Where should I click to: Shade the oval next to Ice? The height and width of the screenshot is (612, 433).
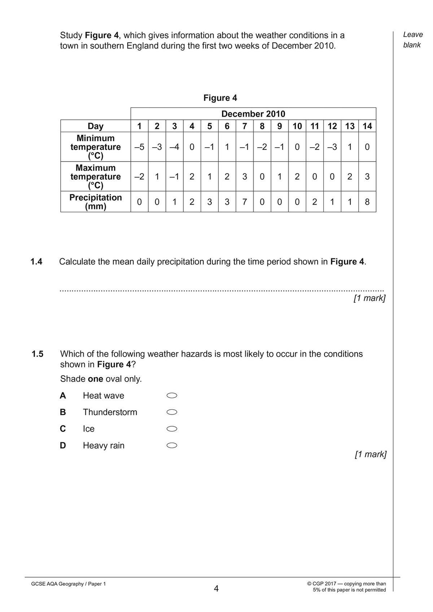pyautogui.click(x=172, y=429)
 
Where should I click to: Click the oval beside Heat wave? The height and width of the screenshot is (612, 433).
pyautogui.click(x=172, y=396)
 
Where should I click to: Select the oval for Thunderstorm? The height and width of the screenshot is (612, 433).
pyautogui.click(x=172, y=412)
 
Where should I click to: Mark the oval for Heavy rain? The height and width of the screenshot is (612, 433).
pyautogui.click(x=172, y=445)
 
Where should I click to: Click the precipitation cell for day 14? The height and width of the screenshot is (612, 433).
pyautogui.click(x=367, y=202)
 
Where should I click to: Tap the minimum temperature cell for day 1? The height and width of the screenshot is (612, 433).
pyautogui.click(x=139, y=147)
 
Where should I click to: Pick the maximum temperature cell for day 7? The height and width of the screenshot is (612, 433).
pyautogui.click(x=245, y=176)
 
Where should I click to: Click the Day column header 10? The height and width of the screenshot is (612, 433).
pyautogui.click(x=297, y=126)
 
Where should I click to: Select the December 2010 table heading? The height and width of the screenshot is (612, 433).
pyautogui.click(x=253, y=114)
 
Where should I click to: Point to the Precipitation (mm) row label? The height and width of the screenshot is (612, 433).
pyautogui.click(x=96, y=202)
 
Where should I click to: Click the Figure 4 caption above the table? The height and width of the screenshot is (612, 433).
pyautogui.click(x=220, y=98)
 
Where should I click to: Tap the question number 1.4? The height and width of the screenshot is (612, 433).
pyautogui.click(x=36, y=262)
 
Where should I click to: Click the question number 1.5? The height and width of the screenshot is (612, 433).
pyautogui.click(x=37, y=354)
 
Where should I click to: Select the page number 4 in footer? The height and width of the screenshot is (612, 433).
pyautogui.click(x=216, y=589)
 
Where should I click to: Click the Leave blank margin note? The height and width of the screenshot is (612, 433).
pyautogui.click(x=412, y=40)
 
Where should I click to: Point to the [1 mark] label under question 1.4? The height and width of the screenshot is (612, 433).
pyautogui.click(x=369, y=298)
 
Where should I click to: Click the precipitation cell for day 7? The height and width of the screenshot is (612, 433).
pyautogui.click(x=245, y=202)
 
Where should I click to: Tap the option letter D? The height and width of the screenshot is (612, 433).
pyautogui.click(x=63, y=446)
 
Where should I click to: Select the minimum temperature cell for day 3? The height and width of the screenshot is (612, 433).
pyautogui.click(x=174, y=147)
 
